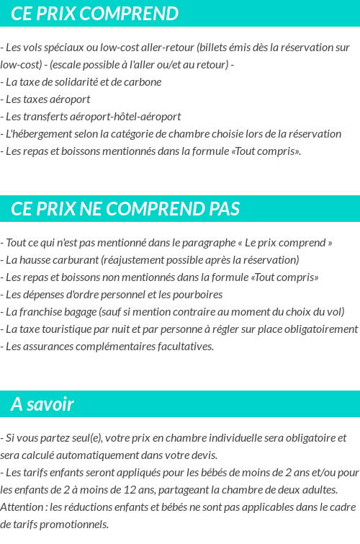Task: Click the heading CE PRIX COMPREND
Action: tap(94, 14)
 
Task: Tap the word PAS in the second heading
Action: tap(224, 209)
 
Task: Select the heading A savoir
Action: tap(42, 404)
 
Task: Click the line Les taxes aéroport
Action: tap(47, 99)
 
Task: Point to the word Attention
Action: tap(22, 507)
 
